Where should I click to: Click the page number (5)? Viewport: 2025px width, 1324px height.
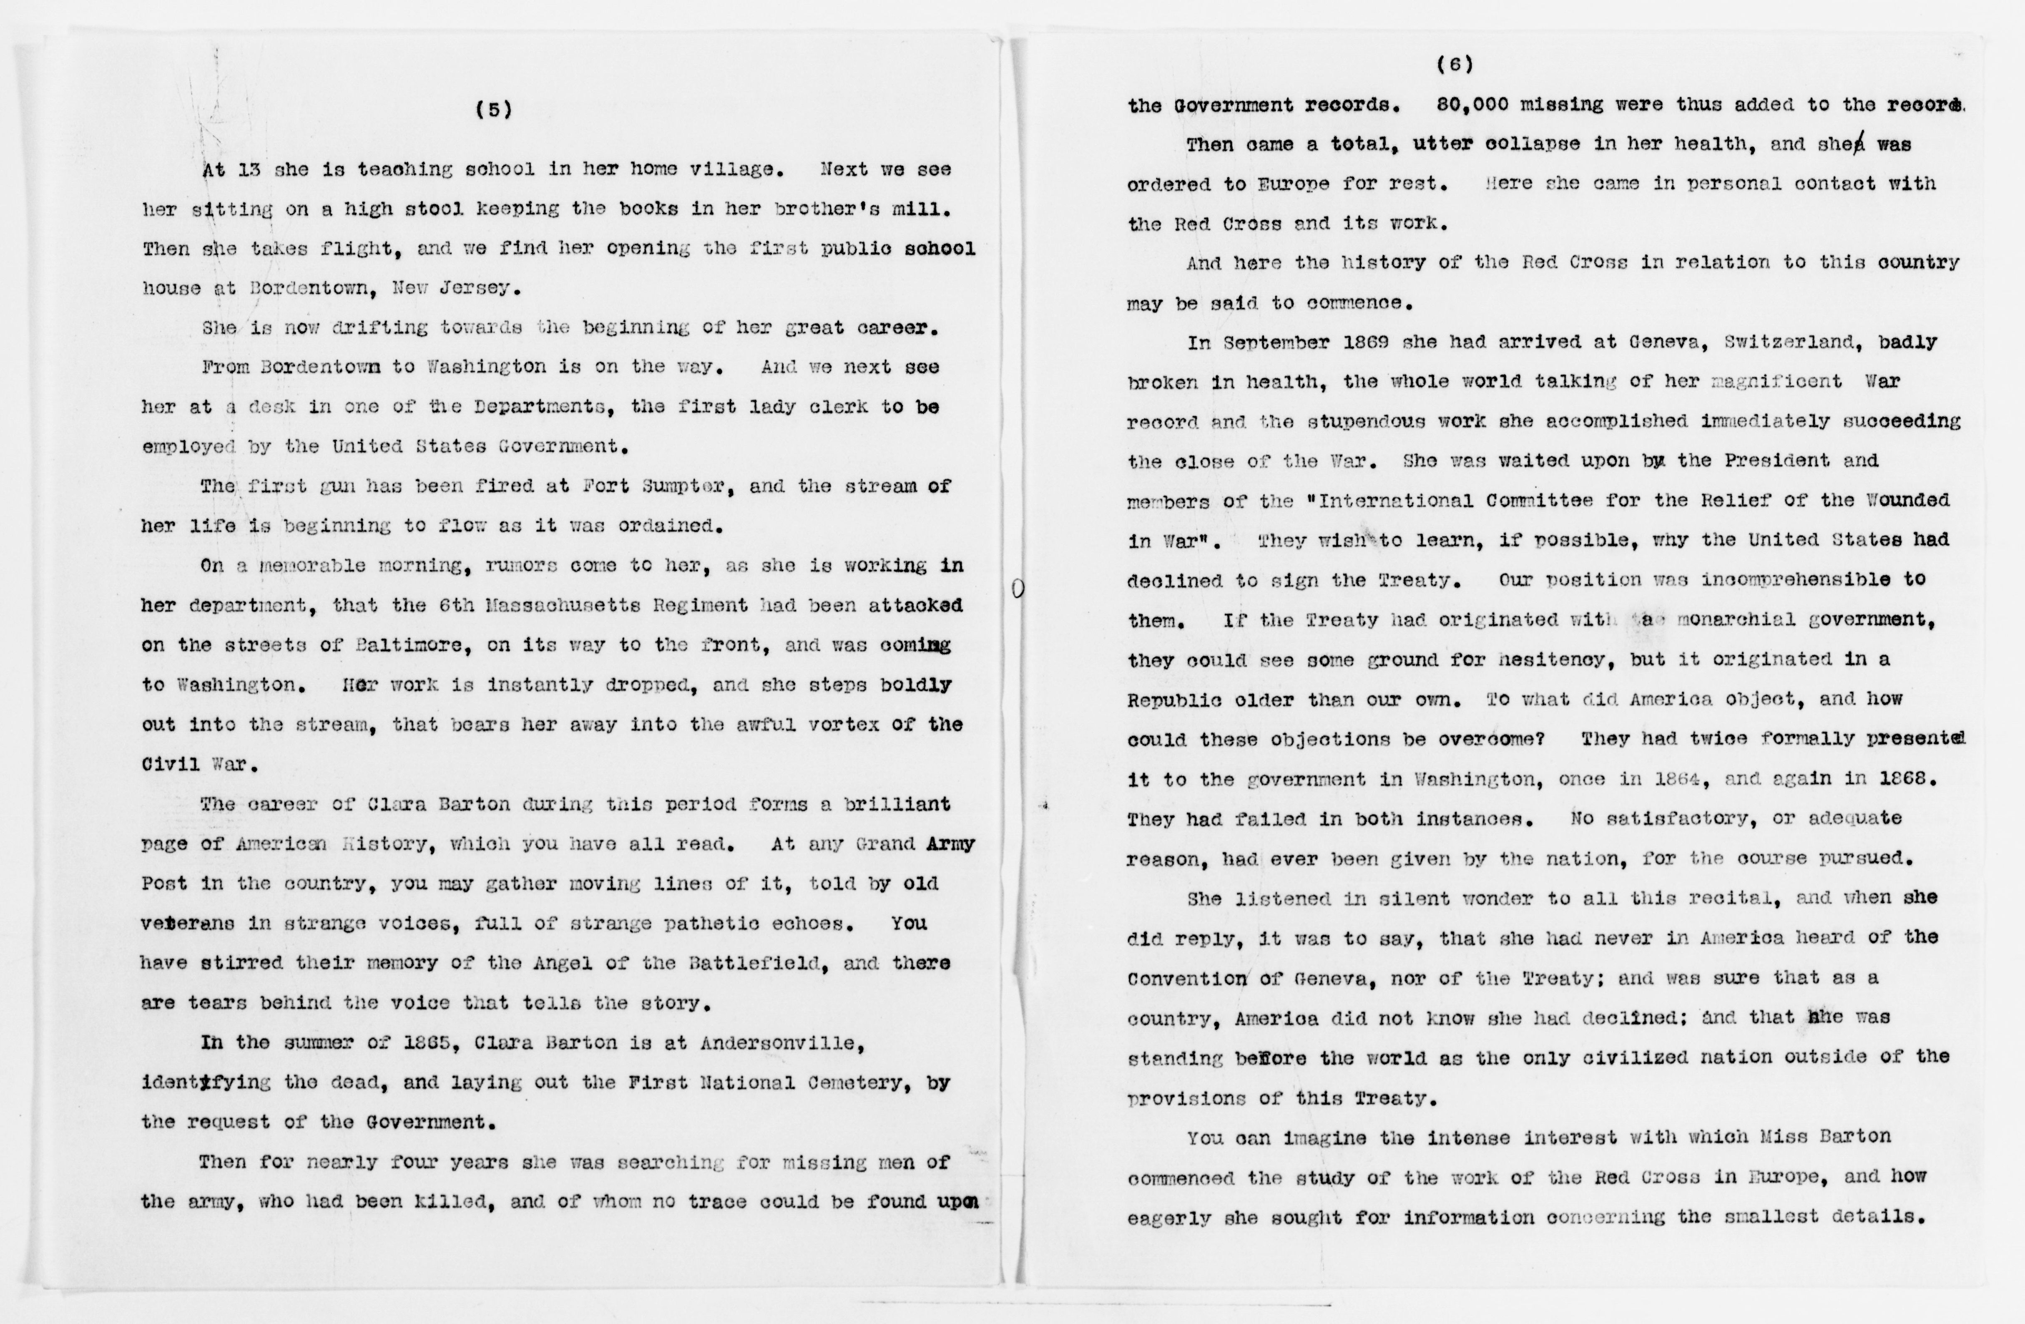coord(493,110)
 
